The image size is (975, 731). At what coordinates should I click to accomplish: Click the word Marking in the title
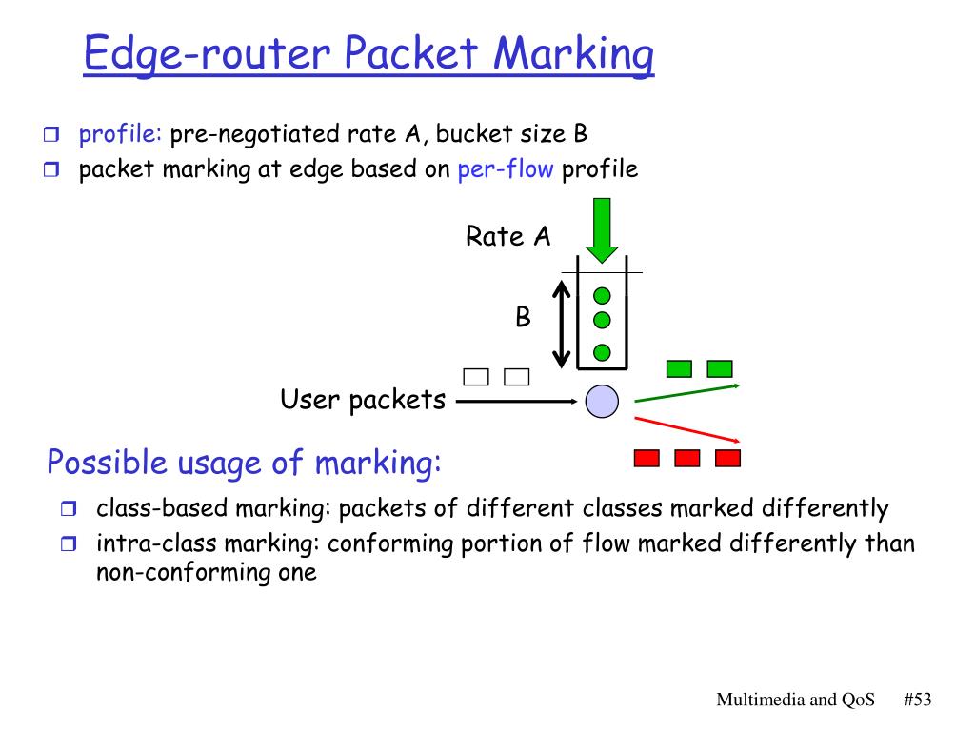tap(573, 54)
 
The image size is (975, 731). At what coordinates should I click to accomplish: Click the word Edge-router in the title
tap(207, 54)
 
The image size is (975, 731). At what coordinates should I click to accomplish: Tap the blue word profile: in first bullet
tap(120, 133)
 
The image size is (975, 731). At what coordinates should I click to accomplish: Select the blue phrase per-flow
tap(505, 168)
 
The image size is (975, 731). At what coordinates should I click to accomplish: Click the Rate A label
tap(508, 236)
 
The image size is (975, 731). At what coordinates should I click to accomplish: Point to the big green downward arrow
tap(602, 230)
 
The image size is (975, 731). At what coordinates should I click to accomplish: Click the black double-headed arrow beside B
tap(562, 324)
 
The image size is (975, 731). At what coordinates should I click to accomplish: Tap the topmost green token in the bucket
tap(602, 296)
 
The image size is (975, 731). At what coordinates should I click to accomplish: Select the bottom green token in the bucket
tap(602, 352)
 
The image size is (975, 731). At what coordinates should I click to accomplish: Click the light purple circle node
tap(602, 401)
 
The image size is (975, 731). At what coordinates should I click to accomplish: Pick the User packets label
tap(363, 400)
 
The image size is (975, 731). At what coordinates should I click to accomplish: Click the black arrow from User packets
tap(517, 402)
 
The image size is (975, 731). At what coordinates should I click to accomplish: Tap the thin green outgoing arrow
tap(687, 393)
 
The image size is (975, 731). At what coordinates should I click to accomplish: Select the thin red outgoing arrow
tap(687, 429)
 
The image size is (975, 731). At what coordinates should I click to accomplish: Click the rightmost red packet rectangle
tap(728, 458)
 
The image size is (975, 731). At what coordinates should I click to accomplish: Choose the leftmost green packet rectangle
tap(679, 368)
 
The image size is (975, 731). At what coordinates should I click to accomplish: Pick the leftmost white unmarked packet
tap(476, 377)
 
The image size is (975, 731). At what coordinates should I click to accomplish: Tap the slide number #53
tap(918, 700)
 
